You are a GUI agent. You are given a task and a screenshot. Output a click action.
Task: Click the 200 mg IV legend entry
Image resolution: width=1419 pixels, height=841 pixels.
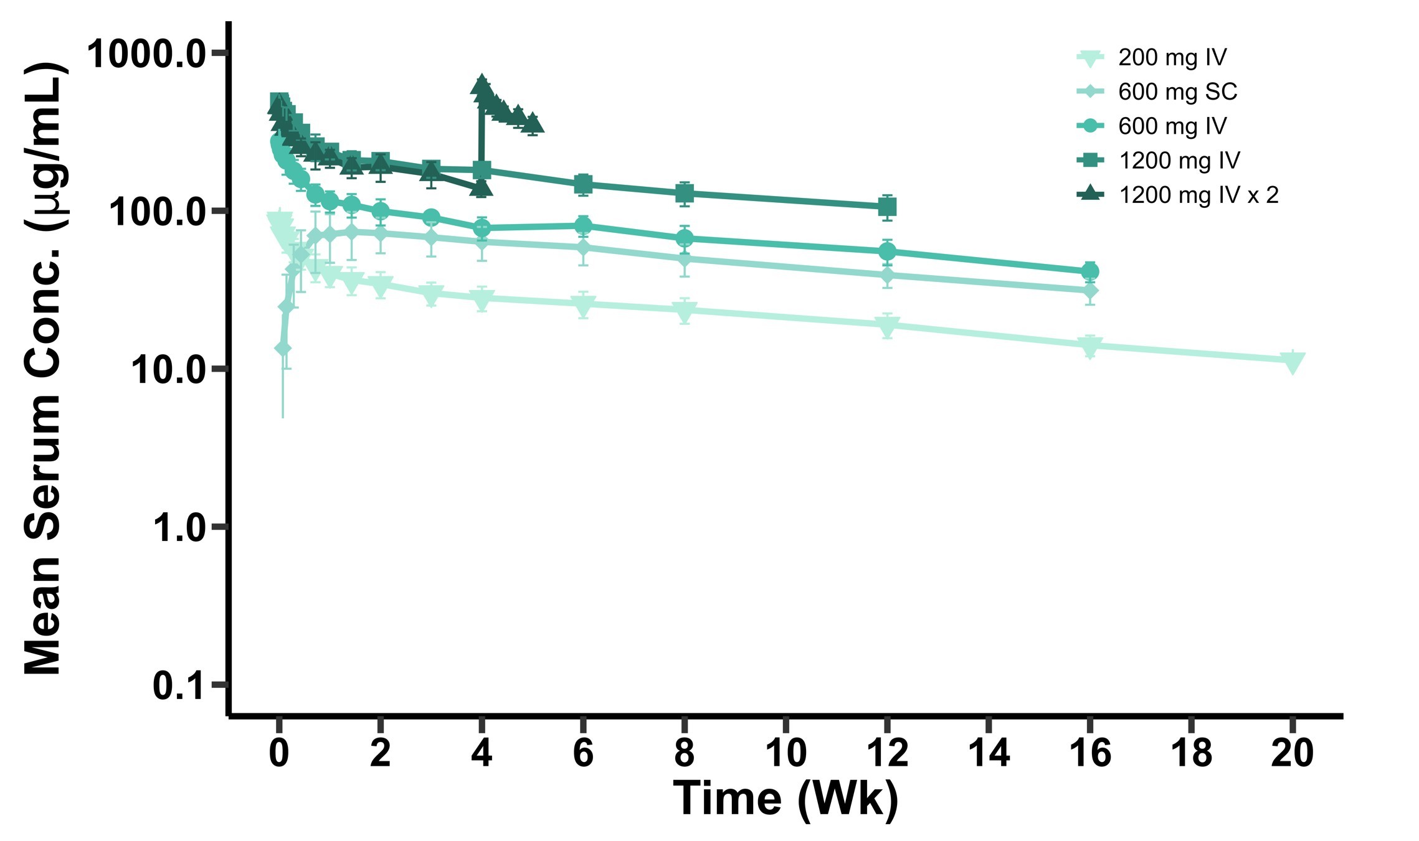coord(1171,57)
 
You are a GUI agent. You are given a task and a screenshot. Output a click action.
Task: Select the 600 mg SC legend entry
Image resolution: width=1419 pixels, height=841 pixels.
coord(1177,92)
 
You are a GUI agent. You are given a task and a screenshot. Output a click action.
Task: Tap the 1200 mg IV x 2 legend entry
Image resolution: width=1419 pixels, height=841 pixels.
coord(1198,195)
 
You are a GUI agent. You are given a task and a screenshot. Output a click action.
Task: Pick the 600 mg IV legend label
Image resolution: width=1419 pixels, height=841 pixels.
coord(1172,126)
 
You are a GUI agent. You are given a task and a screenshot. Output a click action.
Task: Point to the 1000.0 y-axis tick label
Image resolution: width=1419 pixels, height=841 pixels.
coord(147,54)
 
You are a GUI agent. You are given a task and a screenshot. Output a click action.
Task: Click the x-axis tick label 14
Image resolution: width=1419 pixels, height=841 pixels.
coord(989,753)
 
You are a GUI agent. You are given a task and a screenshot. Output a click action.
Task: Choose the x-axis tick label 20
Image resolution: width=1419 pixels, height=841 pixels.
coord(1292,753)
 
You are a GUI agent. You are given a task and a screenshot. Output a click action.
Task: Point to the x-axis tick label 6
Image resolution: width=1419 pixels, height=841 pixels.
coord(583,753)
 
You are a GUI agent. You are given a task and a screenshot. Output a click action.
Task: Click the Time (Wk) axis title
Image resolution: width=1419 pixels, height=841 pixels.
coord(785,799)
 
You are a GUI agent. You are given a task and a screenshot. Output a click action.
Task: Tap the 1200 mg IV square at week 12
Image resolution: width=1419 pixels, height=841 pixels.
coord(887,207)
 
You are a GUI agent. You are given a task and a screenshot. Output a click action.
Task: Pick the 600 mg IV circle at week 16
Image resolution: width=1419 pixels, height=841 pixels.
coord(1089,271)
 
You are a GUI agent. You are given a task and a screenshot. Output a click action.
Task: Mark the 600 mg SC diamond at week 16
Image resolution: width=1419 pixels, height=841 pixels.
coord(1089,291)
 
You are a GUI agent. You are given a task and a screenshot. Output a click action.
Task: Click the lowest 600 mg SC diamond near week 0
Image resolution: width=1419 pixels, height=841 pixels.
coord(283,348)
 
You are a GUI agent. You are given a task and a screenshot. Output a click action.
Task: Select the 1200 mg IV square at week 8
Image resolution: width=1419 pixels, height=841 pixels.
coord(685,194)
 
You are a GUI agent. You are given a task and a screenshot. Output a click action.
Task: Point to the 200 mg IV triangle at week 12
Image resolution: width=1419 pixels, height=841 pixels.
coord(887,325)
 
